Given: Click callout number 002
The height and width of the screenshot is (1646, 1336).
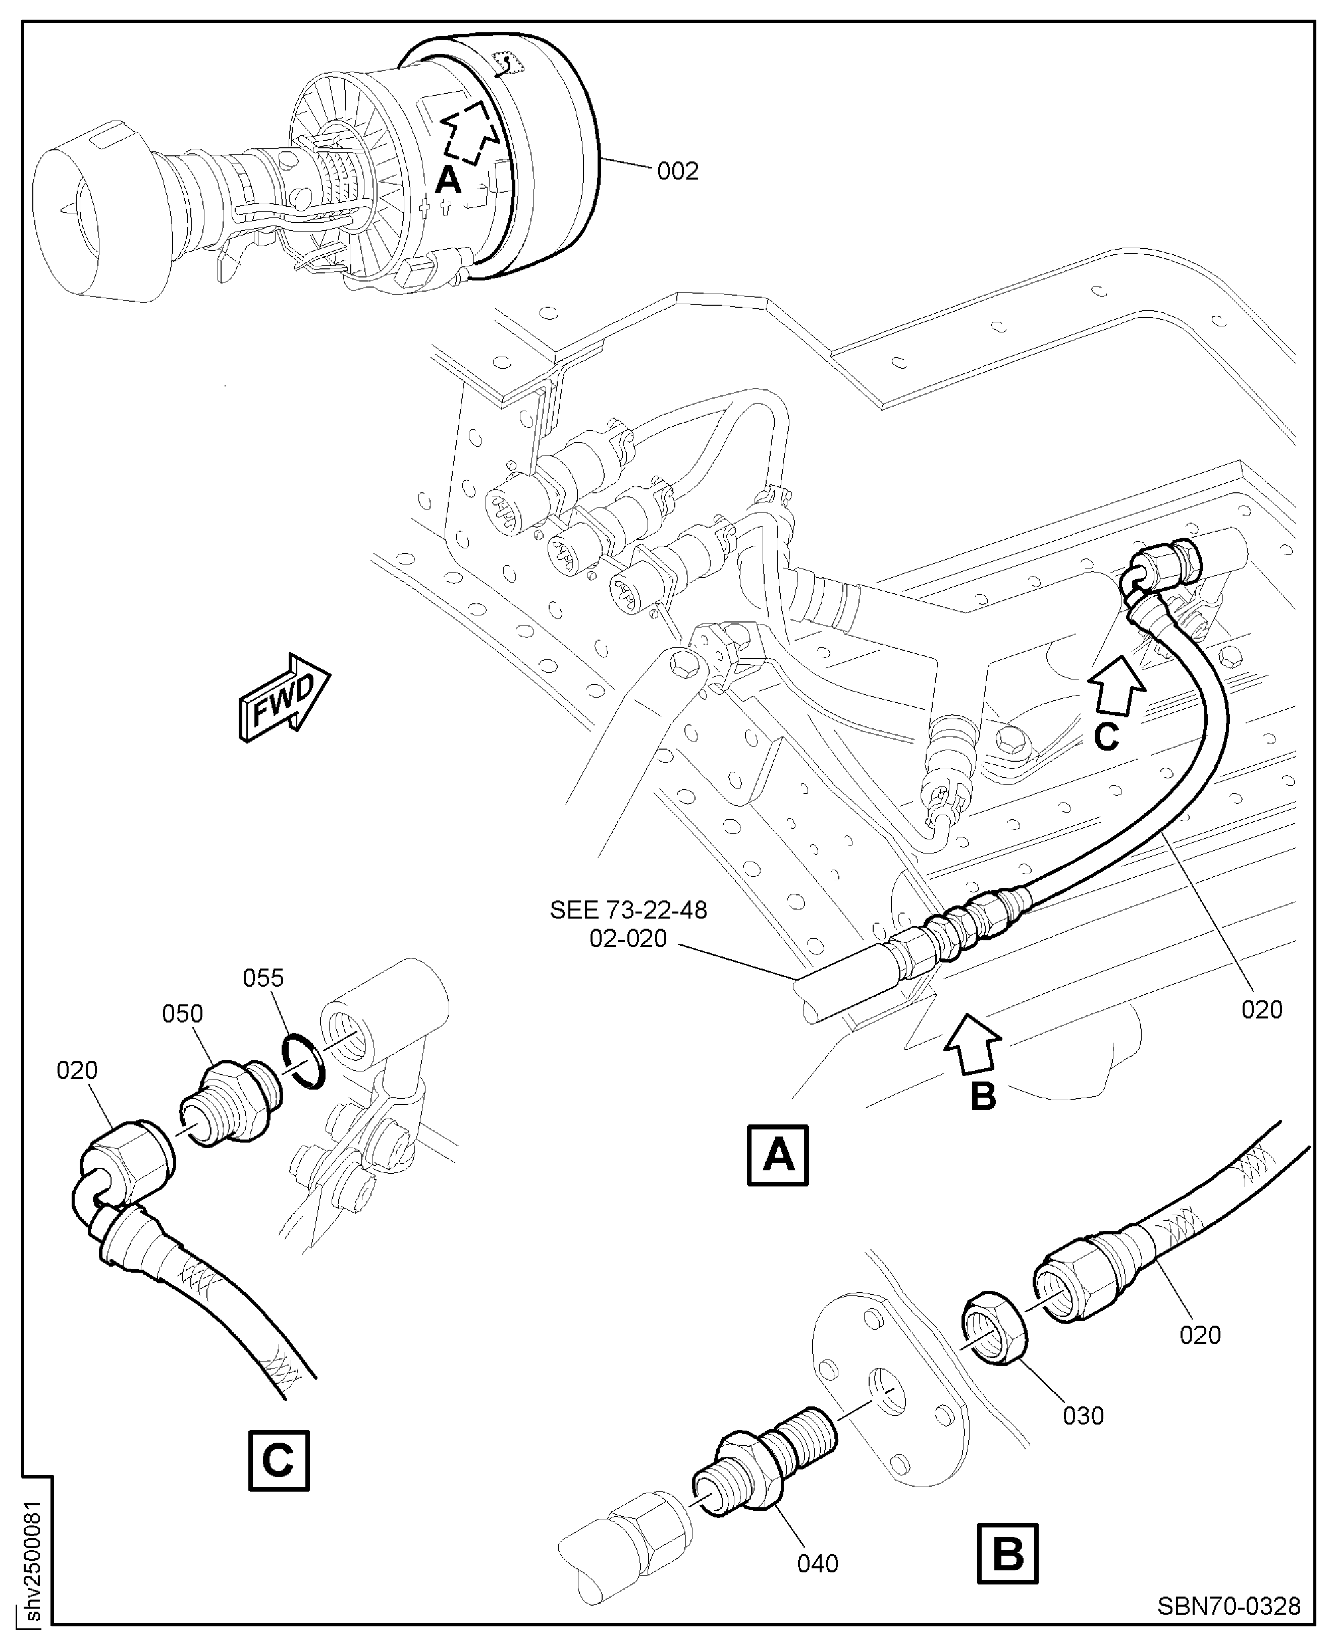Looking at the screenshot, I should click(x=677, y=171).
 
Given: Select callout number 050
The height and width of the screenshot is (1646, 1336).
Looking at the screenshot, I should click(x=182, y=1014).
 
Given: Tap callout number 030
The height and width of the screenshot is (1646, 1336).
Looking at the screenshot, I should click(x=1083, y=1416).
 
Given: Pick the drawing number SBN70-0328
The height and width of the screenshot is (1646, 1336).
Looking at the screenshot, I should click(x=1228, y=1606).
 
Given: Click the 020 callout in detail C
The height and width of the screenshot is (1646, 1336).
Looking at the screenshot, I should click(x=77, y=1070).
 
